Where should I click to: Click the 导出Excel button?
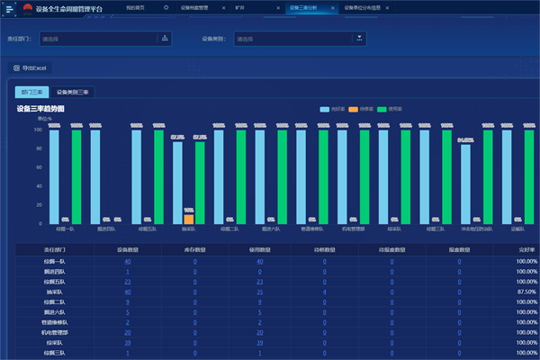point(31,67)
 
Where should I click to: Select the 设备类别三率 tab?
point(73,92)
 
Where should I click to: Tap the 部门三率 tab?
point(32,92)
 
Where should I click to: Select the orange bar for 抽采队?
point(188,219)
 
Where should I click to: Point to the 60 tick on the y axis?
point(38,167)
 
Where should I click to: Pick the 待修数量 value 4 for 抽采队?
point(325,292)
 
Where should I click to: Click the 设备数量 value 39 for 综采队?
point(128,342)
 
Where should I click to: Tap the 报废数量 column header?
point(458,250)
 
